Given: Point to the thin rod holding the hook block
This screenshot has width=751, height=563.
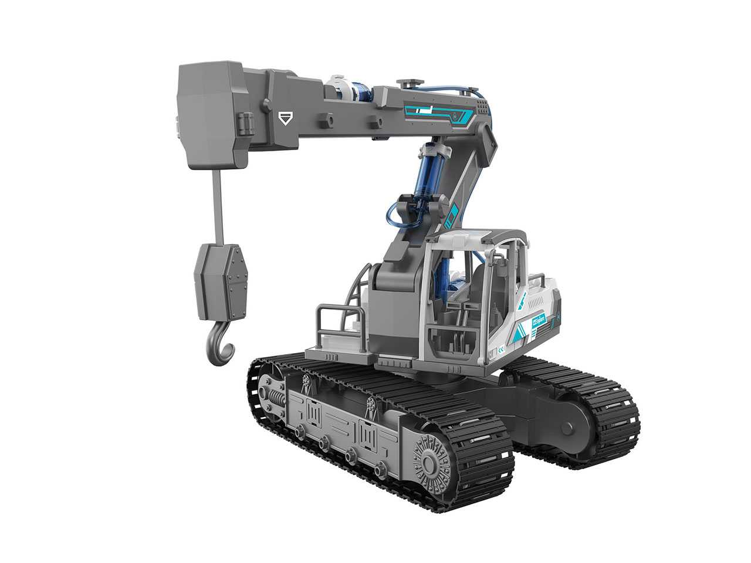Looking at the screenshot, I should tap(217, 202).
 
